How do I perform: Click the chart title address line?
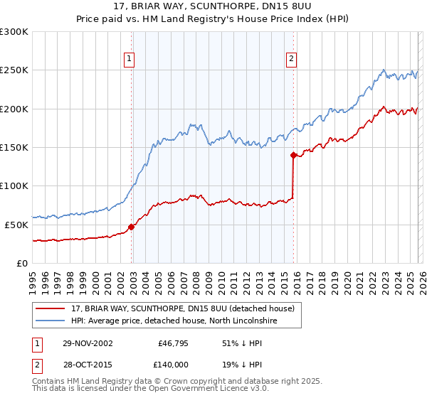click(213, 6)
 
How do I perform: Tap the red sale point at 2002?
click(131, 227)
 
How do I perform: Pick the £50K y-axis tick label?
click(16, 225)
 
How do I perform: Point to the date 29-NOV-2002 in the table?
click(88, 343)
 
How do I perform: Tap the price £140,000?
click(172, 363)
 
